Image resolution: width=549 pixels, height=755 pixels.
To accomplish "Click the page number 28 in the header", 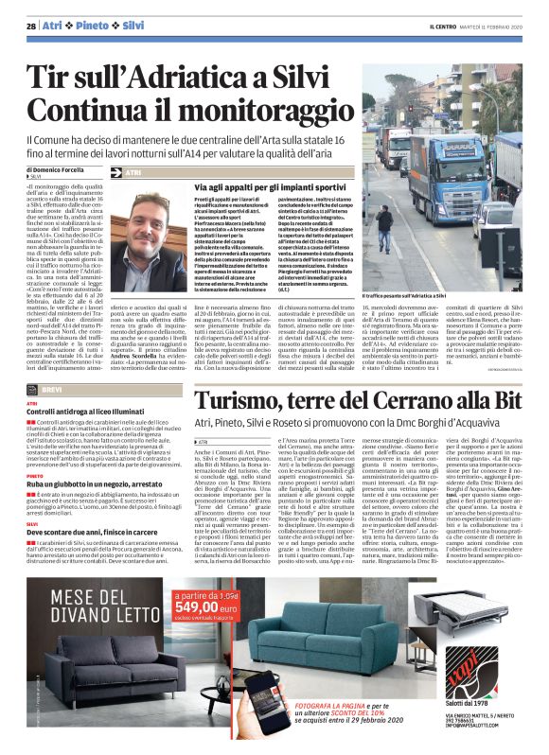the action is click(x=30, y=26).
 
